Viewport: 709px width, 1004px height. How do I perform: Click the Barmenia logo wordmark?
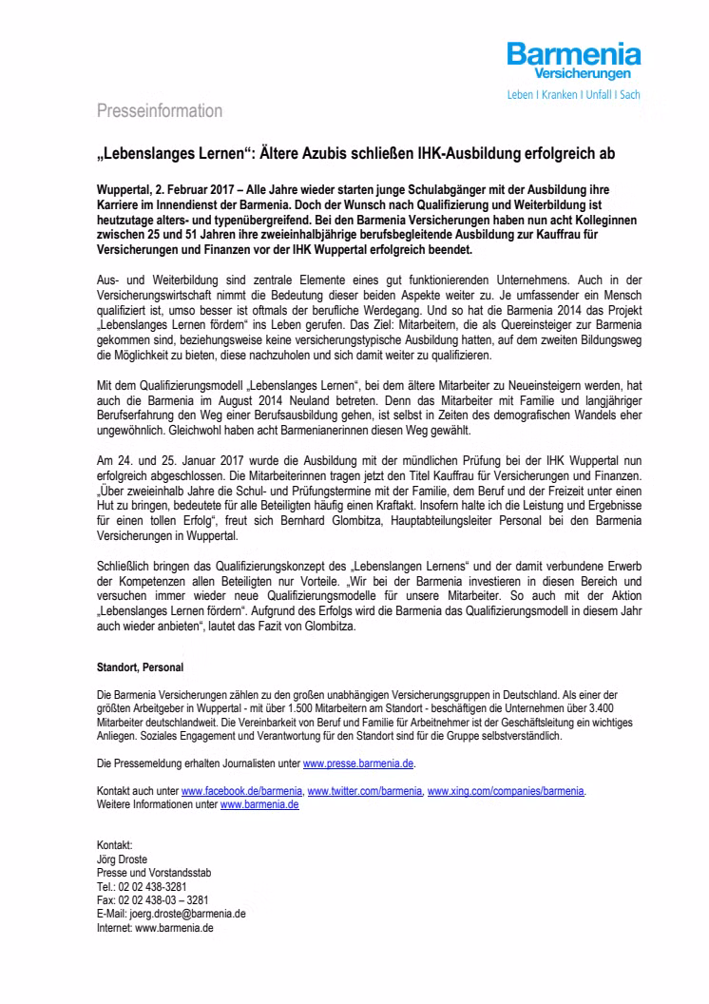573,54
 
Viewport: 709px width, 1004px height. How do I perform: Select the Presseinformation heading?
160,111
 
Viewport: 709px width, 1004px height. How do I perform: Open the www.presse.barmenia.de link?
358,763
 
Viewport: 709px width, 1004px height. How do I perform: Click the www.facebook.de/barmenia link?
241,791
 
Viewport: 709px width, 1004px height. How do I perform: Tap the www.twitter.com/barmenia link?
365,791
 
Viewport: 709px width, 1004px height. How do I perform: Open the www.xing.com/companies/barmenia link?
507,791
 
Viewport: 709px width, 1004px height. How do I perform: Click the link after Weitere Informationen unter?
259,804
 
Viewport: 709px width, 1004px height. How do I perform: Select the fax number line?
153,898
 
